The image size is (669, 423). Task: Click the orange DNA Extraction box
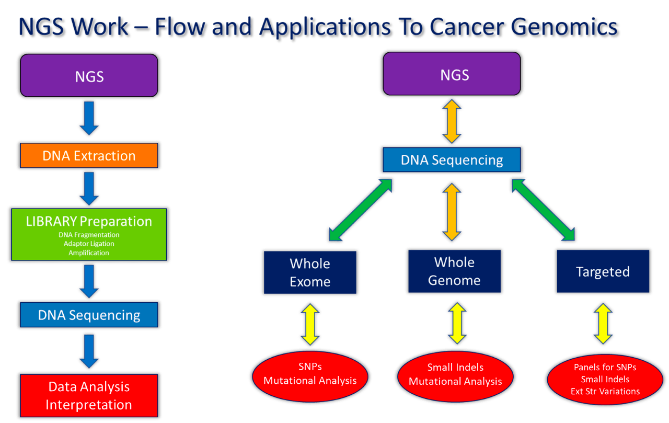click(x=89, y=155)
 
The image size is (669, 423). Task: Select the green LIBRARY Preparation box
click(x=89, y=234)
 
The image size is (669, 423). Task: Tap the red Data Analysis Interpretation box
click(x=89, y=395)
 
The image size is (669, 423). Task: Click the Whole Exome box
click(x=310, y=272)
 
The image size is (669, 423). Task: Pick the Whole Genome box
click(x=454, y=271)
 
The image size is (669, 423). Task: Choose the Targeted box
click(x=603, y=271)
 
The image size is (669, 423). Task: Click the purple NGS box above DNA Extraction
click(x=89, y=76)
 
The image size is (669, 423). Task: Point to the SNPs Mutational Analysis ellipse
click(x=310, y=374)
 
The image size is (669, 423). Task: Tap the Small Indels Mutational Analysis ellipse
click(x=455, y=374)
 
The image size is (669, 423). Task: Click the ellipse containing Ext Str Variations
click(x=605, y=379)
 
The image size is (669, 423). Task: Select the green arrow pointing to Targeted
click(x=544, y=209)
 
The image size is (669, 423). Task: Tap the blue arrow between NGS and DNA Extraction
click(x=89, y=118)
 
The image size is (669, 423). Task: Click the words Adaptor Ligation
click(x=89, y=244)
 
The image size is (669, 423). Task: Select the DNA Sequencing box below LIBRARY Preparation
click(x=89, y=315)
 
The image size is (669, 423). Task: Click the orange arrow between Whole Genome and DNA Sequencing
click(x=452, y=212)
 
